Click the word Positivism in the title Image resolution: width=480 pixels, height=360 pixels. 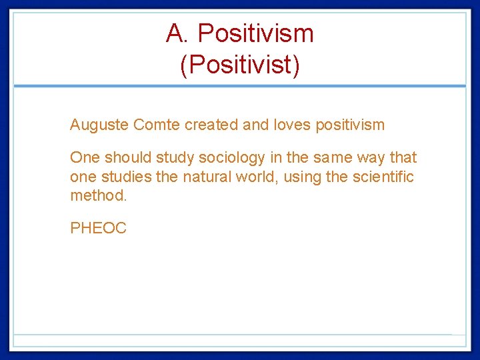coord(256,33)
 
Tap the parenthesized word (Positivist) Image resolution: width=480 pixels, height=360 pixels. coord(240,65)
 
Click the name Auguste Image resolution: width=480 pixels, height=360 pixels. coord(99,125)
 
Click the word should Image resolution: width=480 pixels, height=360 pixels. coord(128,158)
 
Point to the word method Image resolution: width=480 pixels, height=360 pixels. coord(97,196)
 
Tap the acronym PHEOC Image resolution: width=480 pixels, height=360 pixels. coord(98,229)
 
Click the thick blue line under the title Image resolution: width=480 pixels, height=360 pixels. coord(240,86)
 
